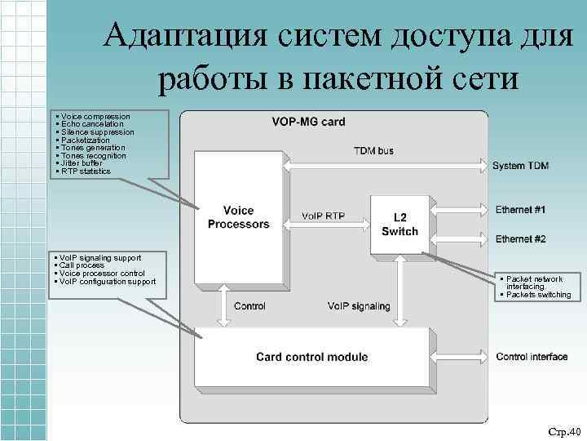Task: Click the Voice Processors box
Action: click(x=237, y=217)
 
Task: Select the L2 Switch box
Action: click(x=399, y=224)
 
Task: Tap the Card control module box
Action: click(x=311, y=356)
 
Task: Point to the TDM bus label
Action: click(x=373, y=151)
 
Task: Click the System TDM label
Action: click(x=520, y=166)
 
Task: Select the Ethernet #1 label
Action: click(x=520, y=210)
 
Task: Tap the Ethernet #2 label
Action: click(x=520, y=238)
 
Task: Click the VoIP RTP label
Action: click(x=322, y=216)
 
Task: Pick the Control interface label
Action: click(x=532, y=357)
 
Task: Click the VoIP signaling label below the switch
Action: click(x=359, y=306)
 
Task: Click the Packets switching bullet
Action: click(x=538, y=295)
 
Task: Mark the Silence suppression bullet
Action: click(x=96, y=131)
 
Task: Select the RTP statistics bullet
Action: click(x=85, y=171)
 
